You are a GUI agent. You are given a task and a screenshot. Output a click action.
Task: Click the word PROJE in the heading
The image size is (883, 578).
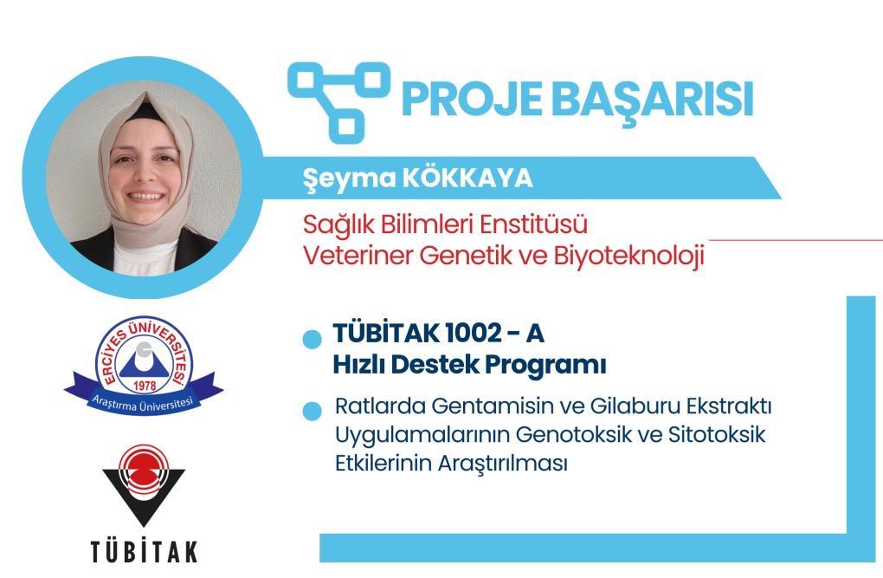click(473, 100)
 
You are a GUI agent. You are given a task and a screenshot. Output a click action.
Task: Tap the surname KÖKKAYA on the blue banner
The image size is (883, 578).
click(468, 178)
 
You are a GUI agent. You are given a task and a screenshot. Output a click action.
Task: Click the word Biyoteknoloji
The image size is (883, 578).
click(629, 257)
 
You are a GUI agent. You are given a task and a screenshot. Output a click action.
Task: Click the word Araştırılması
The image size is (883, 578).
click(503, 464)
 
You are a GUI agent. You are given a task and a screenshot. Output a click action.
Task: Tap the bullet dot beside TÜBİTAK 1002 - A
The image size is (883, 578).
click(312, 340)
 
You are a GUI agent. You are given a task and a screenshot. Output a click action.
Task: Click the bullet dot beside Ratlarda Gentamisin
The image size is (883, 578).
click(312, 411)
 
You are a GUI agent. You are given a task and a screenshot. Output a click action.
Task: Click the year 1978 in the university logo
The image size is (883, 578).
click(145, 386)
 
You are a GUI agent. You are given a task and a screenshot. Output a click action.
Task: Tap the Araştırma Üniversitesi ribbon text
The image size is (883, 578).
click(143, 404)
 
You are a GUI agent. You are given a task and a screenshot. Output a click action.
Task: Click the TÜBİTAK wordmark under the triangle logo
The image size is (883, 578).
click(145, 551)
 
